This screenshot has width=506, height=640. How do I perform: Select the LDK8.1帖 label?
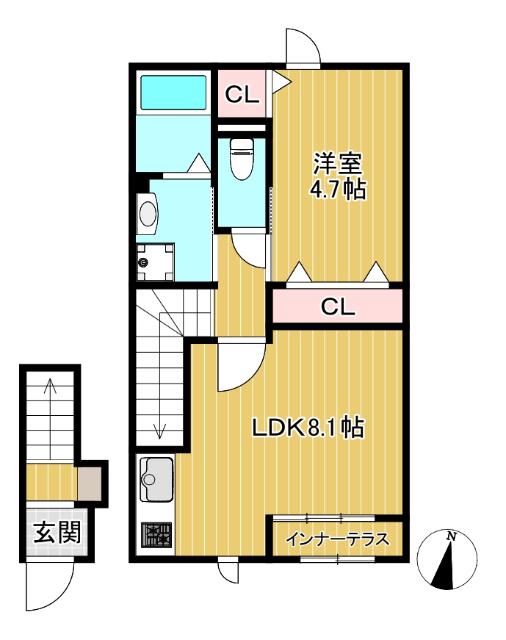[306, 429]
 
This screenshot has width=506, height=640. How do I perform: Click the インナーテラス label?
[337, 541]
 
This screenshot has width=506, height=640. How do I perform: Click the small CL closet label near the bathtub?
[241, 95]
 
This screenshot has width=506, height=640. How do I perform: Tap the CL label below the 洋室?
[337, 307]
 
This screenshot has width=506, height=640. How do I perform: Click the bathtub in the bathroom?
[172, 93]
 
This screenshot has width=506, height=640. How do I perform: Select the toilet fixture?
[241, 159]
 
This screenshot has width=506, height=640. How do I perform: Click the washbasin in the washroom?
[148, 213]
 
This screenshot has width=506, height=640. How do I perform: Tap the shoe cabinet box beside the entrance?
[91, 485]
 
